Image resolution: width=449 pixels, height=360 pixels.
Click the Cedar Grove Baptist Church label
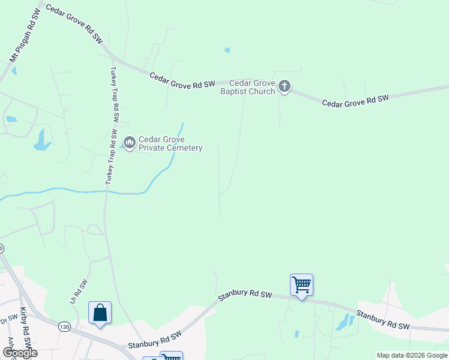247,87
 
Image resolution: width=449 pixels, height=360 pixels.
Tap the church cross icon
285,88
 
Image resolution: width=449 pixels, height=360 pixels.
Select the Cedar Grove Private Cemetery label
170,143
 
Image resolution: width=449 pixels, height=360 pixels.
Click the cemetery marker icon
129,143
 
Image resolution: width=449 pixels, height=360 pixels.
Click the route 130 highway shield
65,326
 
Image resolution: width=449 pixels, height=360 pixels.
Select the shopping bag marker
100,313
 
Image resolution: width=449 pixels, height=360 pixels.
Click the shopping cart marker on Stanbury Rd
301,284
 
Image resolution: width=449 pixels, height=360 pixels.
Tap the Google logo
20,353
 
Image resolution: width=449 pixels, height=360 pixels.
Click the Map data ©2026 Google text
412,355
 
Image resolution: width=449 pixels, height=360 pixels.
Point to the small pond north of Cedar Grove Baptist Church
227,50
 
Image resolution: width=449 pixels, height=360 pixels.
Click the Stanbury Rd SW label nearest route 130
155,341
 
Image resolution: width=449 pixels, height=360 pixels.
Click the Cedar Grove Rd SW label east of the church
356,100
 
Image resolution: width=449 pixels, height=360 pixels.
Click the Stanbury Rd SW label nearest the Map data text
383,319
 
